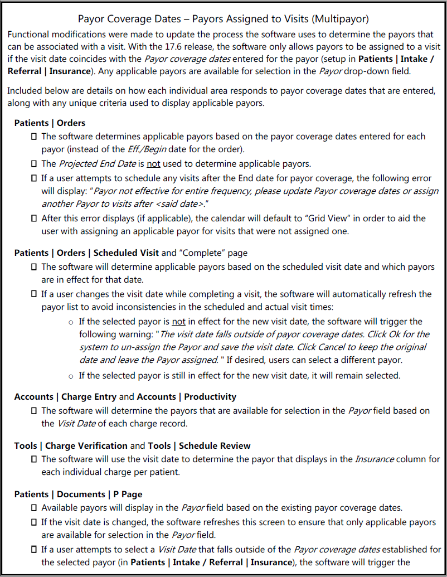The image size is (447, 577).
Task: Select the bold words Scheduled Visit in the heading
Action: click(x=126, y=253)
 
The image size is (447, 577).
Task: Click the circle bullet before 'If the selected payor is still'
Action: click(x=71, y=375)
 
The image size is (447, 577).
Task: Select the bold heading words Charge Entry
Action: click(x=89, y=396)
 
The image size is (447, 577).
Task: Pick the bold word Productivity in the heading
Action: click(x=210, y=396)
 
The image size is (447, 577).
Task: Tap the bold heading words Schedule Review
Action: click(x=215, y=445)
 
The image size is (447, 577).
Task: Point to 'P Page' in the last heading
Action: click(x=128, y=494)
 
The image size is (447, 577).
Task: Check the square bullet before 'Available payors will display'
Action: click(x=35, y=508)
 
